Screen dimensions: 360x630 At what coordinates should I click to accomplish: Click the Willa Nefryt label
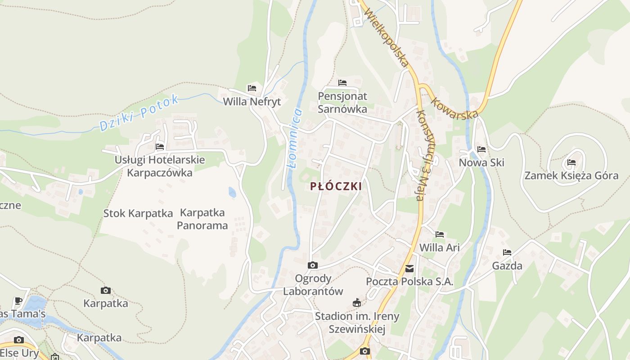coord(252,102)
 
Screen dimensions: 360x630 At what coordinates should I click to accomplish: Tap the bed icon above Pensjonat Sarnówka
coord(342,83)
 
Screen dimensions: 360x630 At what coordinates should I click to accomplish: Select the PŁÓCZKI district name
coord(336,186)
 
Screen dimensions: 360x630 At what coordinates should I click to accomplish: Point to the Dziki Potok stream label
coord(139,113)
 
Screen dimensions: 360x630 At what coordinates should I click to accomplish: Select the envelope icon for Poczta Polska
coord(409,269)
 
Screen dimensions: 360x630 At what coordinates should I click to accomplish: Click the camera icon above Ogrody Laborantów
coord(313,265)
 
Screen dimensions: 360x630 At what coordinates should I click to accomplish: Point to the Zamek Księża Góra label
coord(571,175)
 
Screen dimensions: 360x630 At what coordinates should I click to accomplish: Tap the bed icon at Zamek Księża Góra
coord(571,162)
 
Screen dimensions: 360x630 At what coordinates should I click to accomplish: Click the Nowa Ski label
coord(481,162)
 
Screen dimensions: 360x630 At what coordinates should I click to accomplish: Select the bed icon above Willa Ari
coord(440,234)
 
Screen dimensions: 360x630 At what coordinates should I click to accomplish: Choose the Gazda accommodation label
coord(507,265)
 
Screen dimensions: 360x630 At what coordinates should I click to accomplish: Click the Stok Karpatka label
coord(138,213)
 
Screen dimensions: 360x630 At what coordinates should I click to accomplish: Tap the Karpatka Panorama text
coord(202,219)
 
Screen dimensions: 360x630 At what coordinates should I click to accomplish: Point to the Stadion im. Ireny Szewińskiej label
coord(357,323)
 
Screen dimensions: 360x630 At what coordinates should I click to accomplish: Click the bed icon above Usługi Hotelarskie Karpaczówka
coord(160,147)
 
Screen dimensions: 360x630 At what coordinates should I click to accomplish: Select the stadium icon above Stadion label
coord(357,302)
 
